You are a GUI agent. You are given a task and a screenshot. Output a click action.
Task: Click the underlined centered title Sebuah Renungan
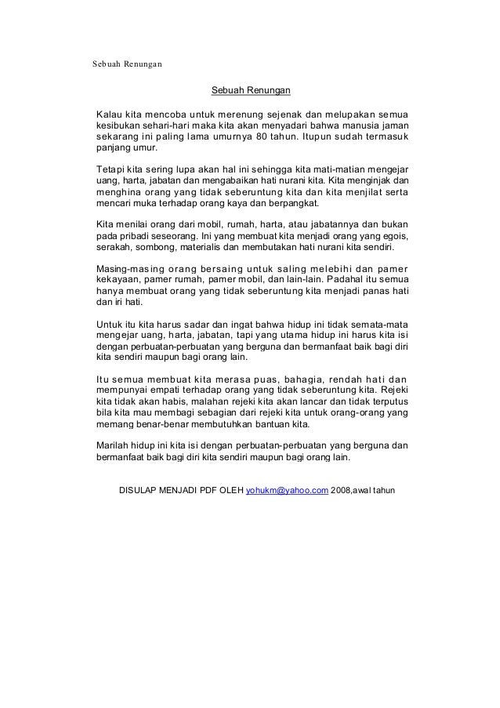click(x=251, y=93)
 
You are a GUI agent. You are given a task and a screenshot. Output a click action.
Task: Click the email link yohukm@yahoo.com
click(x=287, y=492)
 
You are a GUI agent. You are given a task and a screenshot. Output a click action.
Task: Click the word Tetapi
click(x=109, y=169)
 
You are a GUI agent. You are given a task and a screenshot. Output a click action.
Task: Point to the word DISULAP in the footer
click(x=140, y=492)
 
